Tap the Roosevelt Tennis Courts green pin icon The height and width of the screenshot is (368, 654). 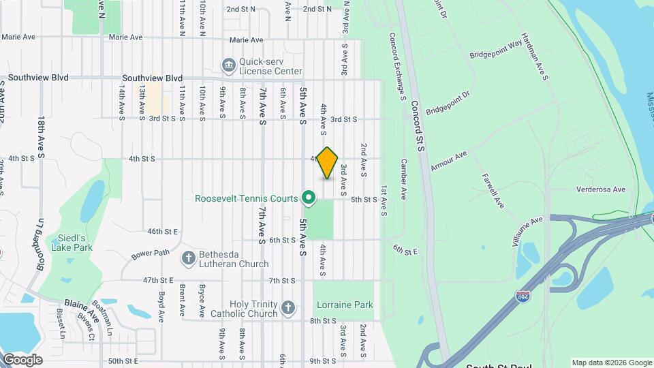308,198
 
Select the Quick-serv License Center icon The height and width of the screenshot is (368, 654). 228,65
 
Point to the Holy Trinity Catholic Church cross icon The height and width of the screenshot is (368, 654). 288,307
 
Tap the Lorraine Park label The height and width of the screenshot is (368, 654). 344,305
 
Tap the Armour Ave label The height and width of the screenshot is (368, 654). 448,162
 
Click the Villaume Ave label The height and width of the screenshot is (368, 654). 527,232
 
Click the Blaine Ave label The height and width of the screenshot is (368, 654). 82,309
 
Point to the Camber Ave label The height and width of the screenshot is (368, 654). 403,179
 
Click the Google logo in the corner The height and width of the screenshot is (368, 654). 22,360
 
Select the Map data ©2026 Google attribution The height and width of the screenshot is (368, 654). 611,363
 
